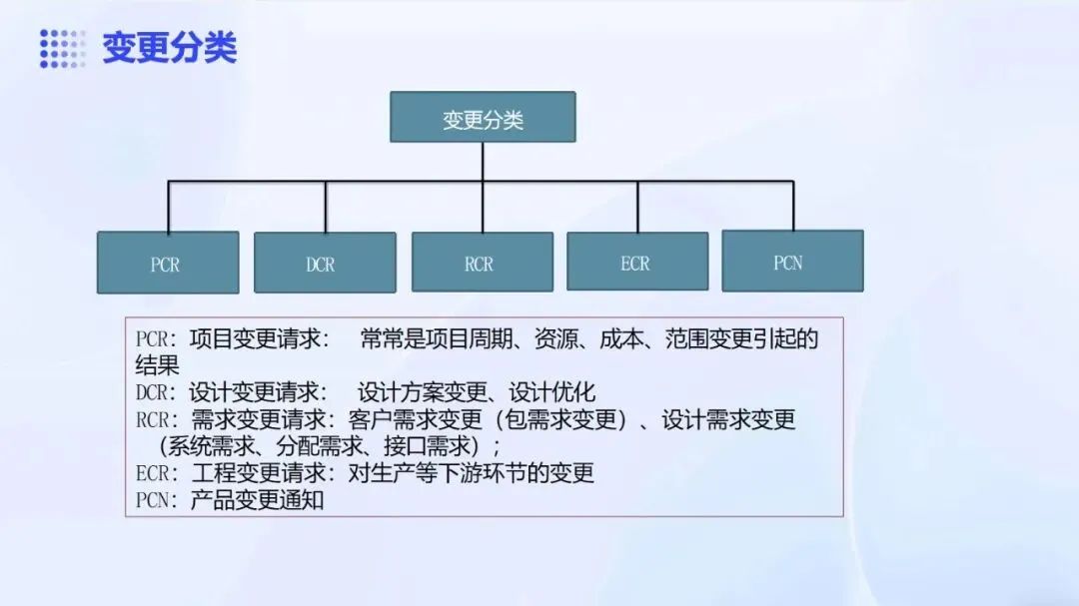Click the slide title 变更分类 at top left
170,47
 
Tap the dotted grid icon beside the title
62,48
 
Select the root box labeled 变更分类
483,117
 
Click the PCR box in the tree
167,263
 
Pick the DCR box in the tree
325,263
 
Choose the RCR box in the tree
482,263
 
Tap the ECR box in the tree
637,262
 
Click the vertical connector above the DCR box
325,207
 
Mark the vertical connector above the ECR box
637,207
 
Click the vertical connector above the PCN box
793,206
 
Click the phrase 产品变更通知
257,500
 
